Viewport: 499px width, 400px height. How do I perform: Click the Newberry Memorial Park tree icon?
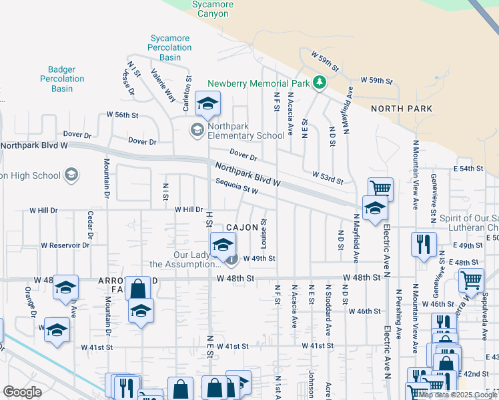click(x=320, y=83)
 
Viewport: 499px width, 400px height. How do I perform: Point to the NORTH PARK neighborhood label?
click(x=401, y=109)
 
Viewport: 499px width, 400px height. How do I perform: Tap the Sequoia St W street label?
click(x=236, y=189)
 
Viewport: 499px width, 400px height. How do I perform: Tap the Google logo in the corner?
click(x=22, y=392)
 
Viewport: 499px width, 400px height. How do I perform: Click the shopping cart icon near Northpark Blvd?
click(x=380, y=189)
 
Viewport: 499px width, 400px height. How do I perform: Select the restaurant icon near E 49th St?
click(x=424, y=244)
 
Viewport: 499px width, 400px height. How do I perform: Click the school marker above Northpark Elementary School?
click(x=207, y=103)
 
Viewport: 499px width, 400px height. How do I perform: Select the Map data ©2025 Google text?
click(x=458, y=394)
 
